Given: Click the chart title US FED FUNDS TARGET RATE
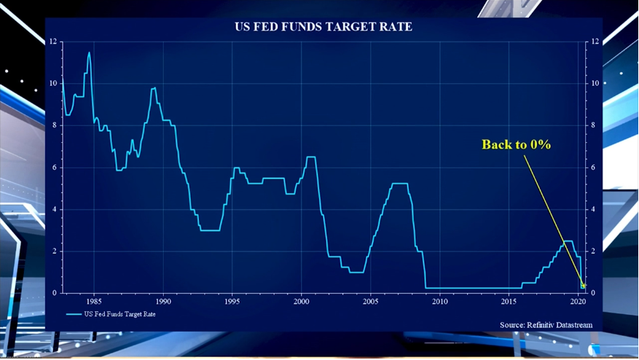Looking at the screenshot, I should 323,27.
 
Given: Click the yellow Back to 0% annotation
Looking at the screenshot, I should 516,144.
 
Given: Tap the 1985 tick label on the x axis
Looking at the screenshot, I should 94,301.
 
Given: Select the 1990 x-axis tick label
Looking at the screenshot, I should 163,301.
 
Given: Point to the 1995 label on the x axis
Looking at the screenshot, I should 232,301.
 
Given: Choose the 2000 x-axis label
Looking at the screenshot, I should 302,301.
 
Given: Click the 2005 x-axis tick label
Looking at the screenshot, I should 371,301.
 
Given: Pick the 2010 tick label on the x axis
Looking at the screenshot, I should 440,301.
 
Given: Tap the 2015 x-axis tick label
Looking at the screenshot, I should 509,301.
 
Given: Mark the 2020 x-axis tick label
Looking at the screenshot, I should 579,301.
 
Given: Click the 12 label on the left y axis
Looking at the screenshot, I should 52,42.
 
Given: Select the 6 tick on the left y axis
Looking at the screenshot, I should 54,168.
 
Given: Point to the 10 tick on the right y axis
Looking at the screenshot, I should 595,84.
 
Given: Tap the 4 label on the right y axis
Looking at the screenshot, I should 594,210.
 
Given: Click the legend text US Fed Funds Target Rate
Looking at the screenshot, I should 119,314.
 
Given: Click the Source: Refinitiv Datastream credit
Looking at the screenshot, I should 546,324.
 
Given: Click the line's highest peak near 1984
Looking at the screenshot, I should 89,52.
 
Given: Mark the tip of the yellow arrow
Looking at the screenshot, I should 584,286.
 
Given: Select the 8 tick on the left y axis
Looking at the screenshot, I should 54,125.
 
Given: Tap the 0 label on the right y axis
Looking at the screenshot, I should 594,293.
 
